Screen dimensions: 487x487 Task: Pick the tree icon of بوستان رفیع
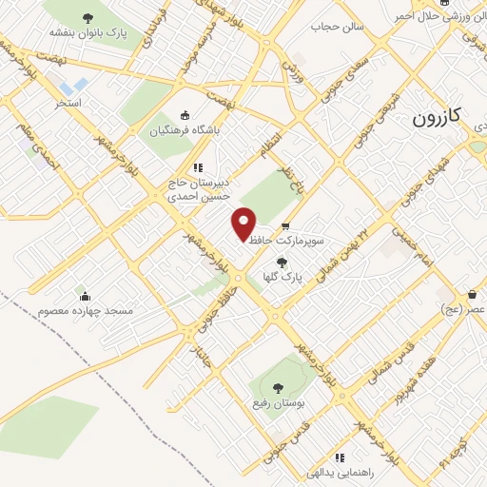[278, 388]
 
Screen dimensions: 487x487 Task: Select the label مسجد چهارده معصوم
[86, 311]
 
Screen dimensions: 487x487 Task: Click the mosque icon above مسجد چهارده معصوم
[85, 295]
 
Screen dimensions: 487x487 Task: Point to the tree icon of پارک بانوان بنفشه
[88, 17]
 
